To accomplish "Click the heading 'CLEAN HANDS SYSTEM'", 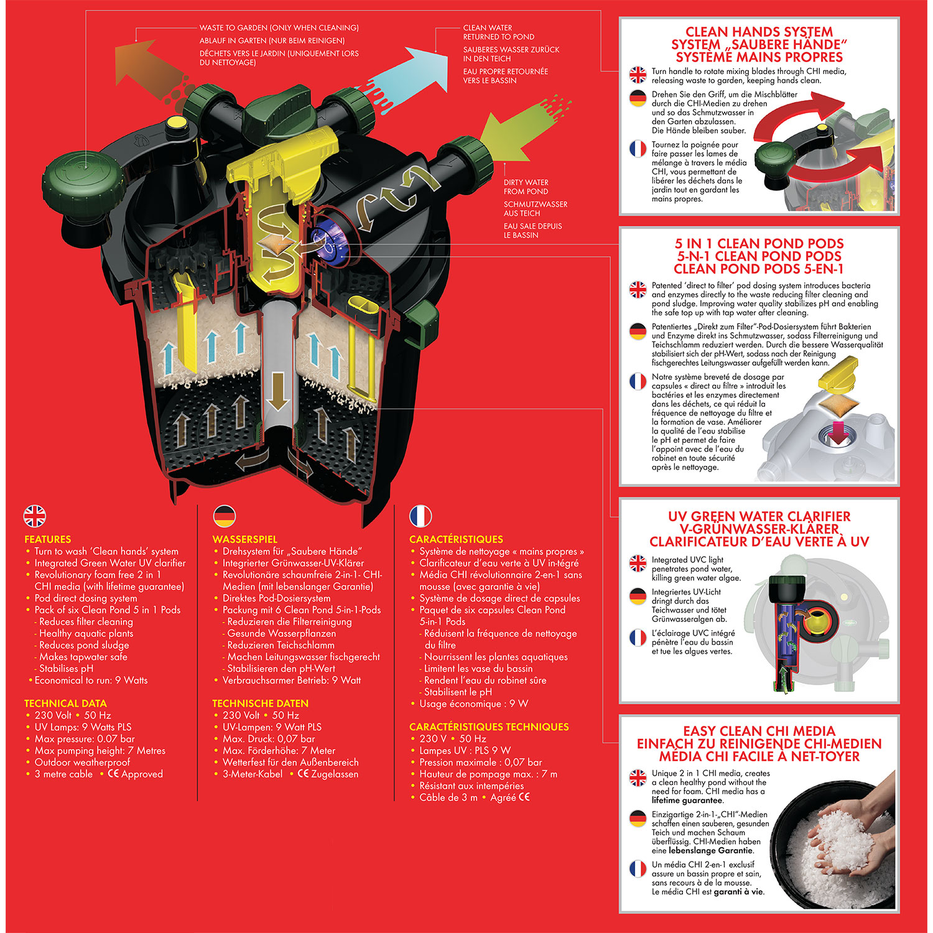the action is click(x=759, y=32).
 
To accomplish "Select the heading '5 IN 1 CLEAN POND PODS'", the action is click(x=759, y=244).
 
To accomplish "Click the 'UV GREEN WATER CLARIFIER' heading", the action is click(x=759, y=516).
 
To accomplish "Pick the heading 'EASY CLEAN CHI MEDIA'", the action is click(x=759, y=731).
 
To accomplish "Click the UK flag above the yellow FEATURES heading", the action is click(x=35, y=516).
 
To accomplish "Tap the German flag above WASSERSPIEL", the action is click(x=224, y=516).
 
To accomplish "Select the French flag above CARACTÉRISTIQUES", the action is click(x=420, y=516).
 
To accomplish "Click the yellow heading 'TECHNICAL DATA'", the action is click(x=65, y=703).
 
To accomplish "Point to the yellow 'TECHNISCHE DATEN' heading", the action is click(x=260, y=703).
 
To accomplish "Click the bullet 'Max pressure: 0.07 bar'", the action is click(x=85, y=739).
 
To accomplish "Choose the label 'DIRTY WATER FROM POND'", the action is click(x=526, y=187).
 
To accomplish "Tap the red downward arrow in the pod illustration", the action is click(x=838, y=432).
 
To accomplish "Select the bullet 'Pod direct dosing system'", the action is click(x=86, y=598).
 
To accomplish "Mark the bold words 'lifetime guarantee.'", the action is click(x=688, y=801).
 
